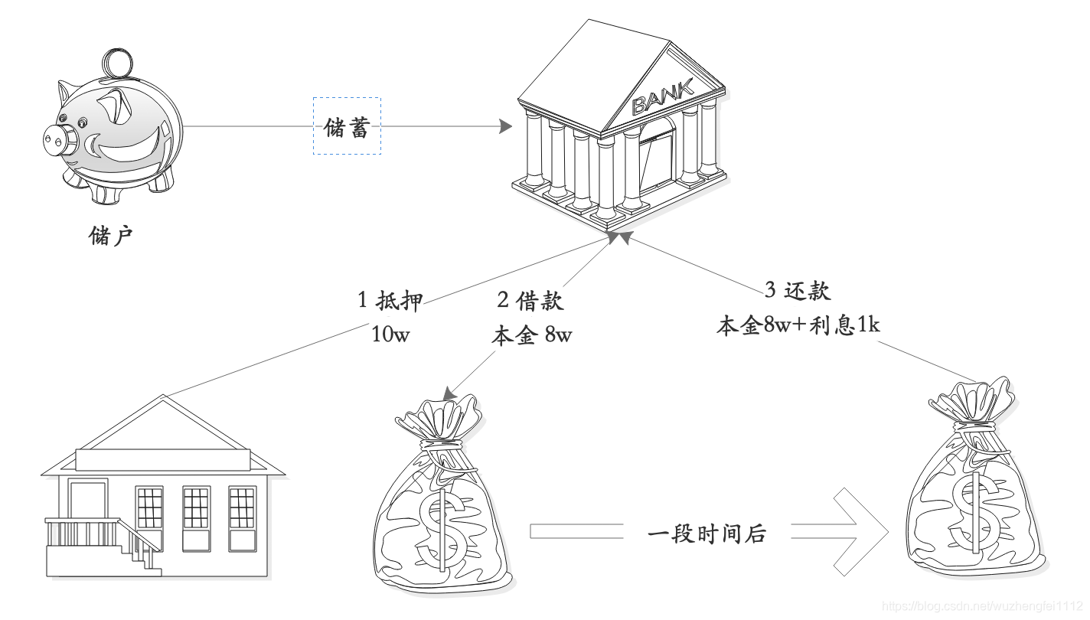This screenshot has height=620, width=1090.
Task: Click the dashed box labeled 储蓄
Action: coord(347,126)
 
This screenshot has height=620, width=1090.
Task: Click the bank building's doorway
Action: coord(657,158)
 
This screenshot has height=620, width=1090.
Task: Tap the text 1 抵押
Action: coord(390,300)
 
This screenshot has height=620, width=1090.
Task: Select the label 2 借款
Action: coord(530,300)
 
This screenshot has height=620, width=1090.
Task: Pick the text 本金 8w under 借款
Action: coord(530,336)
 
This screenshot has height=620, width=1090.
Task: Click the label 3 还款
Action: coord(798,291)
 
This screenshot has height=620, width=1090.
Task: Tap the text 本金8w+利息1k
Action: coord(798,326)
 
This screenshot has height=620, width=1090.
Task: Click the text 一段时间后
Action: coord(707,534)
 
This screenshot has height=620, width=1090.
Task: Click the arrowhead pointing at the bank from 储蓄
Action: coord(503,126)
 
